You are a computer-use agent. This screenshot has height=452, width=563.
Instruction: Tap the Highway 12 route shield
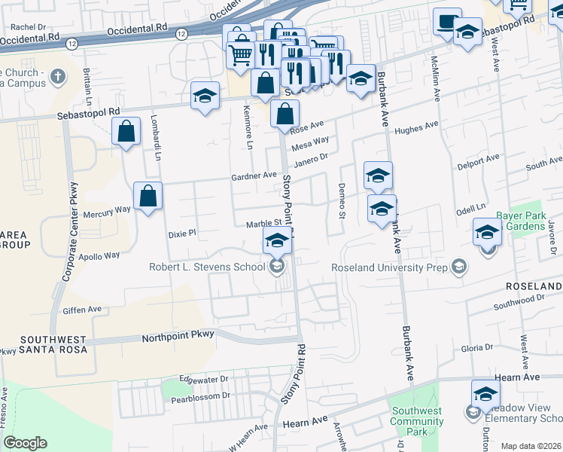coord(181,34)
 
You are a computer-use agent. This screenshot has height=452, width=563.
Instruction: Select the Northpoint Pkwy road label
coord(178,334)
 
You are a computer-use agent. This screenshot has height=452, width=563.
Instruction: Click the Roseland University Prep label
coord(390,267)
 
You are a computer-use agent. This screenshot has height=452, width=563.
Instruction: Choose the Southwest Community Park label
coord(416,421)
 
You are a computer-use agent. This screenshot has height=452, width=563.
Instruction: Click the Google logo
coord(25,443)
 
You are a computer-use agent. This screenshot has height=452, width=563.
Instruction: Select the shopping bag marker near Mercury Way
coord(148,197)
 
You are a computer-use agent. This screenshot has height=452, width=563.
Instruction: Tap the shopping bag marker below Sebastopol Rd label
coord(126,132)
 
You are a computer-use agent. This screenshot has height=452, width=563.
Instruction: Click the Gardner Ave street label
coord(254,176)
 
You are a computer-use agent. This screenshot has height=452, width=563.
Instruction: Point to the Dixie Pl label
coord(181,233)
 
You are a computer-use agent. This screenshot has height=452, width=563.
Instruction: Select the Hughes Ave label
coord(416,129)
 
